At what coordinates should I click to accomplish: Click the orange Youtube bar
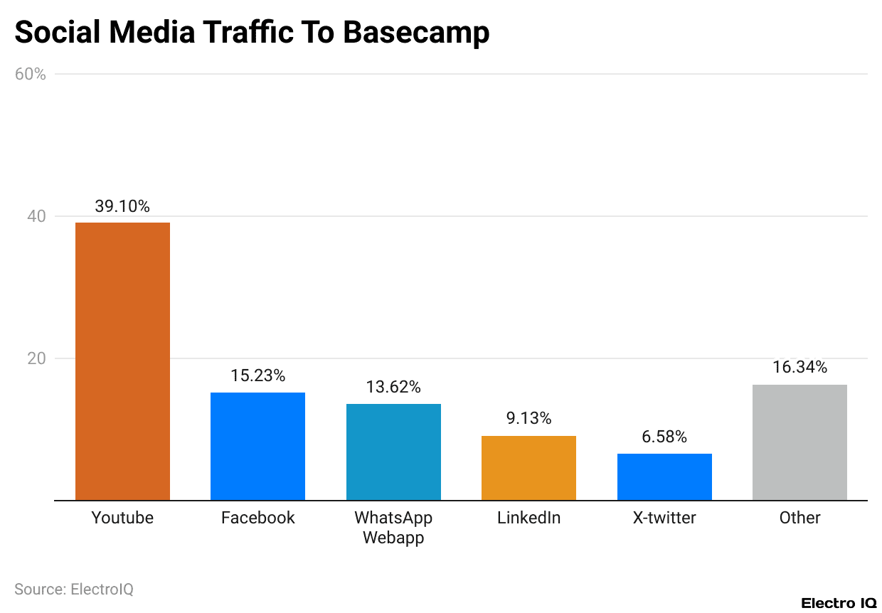[122, 361]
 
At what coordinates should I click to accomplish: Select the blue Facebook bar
[257, 446]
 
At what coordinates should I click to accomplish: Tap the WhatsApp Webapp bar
[393, 452]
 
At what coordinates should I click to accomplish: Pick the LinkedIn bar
[528, 468]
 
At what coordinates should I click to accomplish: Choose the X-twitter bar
[664, 476]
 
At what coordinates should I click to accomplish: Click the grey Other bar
[799, 442]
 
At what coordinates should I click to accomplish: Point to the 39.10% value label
[122, 206]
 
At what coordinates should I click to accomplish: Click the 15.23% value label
[257, 375]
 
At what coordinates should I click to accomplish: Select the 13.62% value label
[393, 387]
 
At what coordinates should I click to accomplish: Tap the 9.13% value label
[528, 419]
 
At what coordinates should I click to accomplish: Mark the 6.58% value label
[664, 437]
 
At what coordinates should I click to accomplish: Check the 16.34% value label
[799, 368]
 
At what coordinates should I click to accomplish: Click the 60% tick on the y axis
[30, 74]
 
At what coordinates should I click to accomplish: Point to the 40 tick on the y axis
[36, 216]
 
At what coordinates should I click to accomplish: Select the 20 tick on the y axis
[36, 358]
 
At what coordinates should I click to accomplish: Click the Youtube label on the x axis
[122, 518]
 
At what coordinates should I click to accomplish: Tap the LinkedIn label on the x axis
[528, 518]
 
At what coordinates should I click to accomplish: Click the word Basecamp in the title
[415, 33]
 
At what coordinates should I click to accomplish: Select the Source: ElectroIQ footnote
[74, 590]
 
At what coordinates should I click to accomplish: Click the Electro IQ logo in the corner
[839, 603]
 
